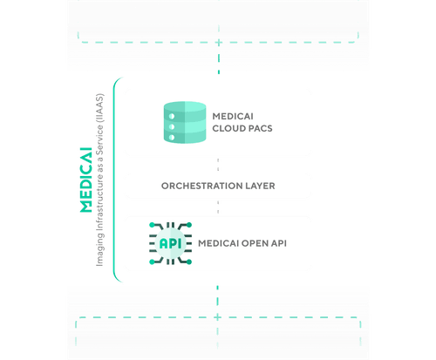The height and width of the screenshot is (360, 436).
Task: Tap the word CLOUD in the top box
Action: pos(230,130)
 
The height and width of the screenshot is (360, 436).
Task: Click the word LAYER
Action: pos(259,187)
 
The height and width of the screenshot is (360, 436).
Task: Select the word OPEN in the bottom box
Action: pos(248,243)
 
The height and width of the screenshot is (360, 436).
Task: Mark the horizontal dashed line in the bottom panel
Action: pos(218,318)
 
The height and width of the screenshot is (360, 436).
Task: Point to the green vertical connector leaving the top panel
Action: pos(218,76)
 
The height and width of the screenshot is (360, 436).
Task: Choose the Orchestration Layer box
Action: pos(217,187)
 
